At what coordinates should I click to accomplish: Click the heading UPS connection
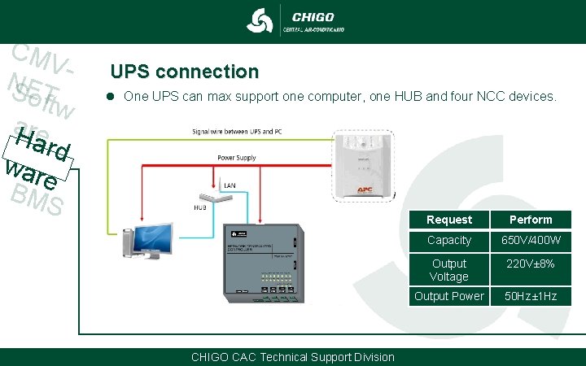[184, 72]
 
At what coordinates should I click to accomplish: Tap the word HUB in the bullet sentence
[400, 97]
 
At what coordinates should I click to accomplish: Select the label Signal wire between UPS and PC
[238, 130]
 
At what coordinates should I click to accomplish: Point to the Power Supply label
[236, 156]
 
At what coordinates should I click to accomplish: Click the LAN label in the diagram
[230, 186]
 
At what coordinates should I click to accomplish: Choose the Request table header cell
[448, 220]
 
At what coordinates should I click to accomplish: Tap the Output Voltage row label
[448, 270]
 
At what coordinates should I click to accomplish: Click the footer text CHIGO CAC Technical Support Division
[292, 357]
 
